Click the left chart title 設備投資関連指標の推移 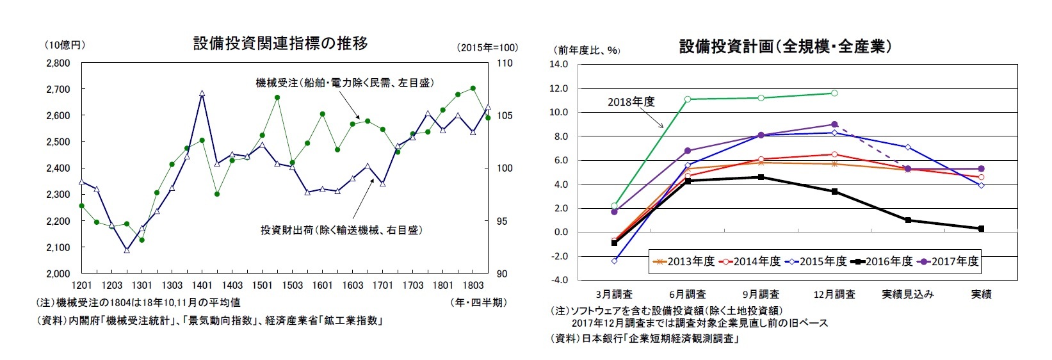[x=280, y=44]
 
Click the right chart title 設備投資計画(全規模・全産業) [x=786, y=46]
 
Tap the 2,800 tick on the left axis [x=58, y=63]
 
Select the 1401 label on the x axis [x=202, y=285]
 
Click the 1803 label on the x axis [x=473, y=285]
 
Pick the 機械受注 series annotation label [x=344, y=83]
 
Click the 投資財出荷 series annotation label [x=341, y=230]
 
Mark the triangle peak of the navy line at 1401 [x=202, y=94]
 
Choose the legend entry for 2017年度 [x=948, y=261]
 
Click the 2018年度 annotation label [x=631, y=102]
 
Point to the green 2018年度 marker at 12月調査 [x=834, y=93]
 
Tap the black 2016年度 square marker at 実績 [x=981, y=229]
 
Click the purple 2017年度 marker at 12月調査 [x=834, y=124]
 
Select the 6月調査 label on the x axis [x=688, y=294]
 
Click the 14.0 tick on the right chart [x=559, y=64]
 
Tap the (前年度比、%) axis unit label [x=587, y=50]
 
